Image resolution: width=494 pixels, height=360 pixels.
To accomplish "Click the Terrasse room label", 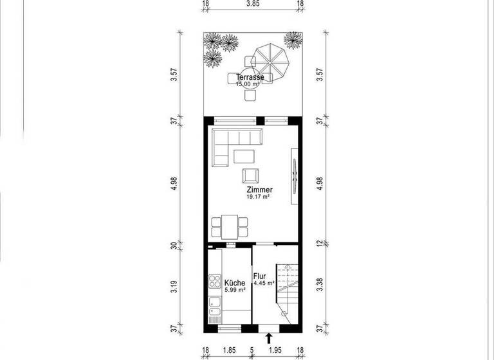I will [x=250, y=77].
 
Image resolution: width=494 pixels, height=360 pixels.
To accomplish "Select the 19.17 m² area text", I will [x=257, y=197].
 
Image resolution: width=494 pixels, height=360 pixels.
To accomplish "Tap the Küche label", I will [x=235, y=282].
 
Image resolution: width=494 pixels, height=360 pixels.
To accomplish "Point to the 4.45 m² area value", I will [x=264, y=283].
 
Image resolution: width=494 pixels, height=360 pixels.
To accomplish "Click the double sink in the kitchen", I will [x=214, y=314].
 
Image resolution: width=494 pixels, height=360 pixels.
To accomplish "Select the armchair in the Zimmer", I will [x=250, y=175].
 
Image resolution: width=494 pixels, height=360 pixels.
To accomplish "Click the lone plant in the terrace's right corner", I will [x=293, y=41].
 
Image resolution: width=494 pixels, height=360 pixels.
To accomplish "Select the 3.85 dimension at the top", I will [x=253, y=4].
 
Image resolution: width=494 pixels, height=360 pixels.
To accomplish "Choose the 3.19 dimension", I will [x=174, y=286].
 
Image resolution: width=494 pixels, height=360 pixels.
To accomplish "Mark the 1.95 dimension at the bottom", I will [x=275, y=351].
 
